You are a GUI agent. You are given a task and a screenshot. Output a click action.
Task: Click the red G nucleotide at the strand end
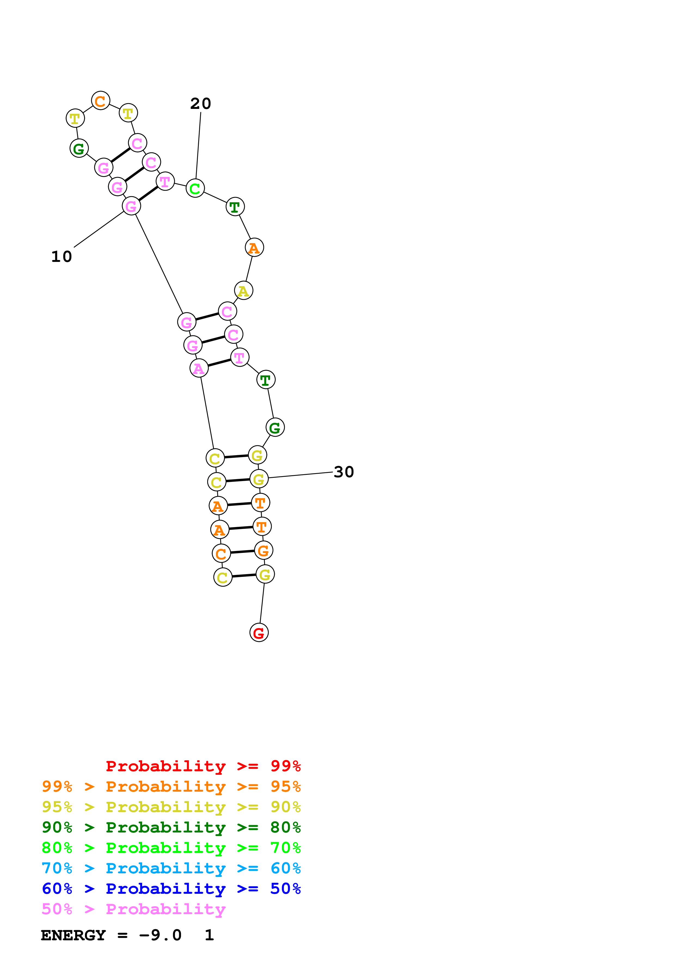click(259, 633)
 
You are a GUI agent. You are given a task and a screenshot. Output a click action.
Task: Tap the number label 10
click(62, 257)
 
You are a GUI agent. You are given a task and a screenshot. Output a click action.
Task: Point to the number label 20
click(200, 103)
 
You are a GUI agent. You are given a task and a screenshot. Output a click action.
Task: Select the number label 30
click(344, 472)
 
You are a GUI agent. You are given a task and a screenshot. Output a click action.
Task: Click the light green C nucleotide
click(195, 188)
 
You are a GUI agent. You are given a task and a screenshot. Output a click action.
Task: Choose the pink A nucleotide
click(199, 368)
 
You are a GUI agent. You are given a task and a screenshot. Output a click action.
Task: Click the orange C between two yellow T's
click(100, 101)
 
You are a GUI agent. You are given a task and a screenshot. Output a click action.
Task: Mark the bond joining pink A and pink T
click(219, 363)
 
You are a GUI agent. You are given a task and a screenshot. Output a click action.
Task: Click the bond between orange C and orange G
click(242, 552)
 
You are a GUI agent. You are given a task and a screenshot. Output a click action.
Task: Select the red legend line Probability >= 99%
click(203, 766)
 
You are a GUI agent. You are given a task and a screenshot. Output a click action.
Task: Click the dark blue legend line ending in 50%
click(171, 889)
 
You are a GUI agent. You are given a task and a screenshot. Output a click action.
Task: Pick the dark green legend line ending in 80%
click(171, 827)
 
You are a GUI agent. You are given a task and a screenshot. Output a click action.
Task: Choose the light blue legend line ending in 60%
click(171, 868)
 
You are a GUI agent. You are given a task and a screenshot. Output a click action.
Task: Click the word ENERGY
click(73, 935)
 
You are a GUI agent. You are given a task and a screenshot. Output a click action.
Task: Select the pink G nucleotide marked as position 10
click(131, 206)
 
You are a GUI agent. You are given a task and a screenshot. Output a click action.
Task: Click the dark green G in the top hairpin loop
click(79, 148)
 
